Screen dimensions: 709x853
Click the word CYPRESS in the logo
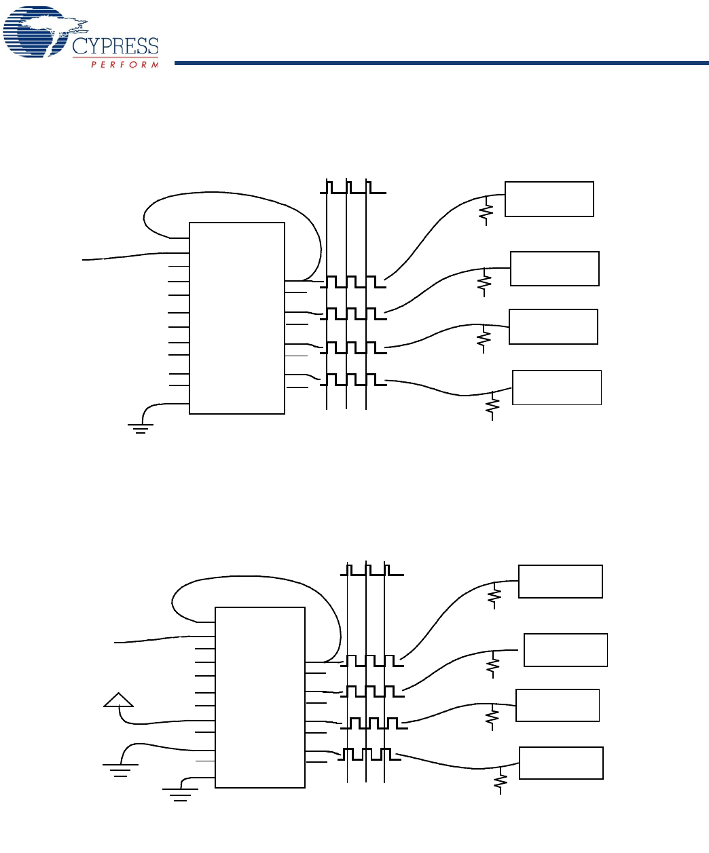click(115, 46)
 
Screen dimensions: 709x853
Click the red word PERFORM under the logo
click(125, 64)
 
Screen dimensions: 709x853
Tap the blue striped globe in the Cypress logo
click(35, 31)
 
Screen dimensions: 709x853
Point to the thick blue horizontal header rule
click(441, 63)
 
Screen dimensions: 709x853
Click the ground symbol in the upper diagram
click(141, 428)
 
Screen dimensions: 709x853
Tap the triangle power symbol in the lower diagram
click(119, 700)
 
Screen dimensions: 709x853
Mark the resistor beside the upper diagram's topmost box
click(486, 211)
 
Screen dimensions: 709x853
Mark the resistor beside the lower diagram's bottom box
click(501, 780)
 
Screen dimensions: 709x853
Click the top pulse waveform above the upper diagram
click(353, 187)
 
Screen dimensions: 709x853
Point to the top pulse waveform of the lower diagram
click(372, 569)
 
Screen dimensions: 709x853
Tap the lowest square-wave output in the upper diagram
click(353, 379)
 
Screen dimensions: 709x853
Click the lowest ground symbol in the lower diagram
click(181, 794)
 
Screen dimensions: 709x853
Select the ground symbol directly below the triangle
click(121, 770)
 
